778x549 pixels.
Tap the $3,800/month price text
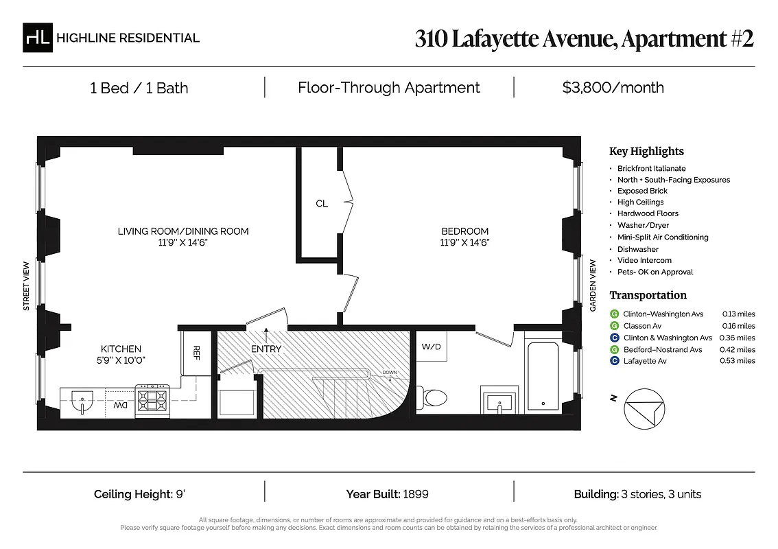[613, 88]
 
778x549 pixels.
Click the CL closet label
[322, 204]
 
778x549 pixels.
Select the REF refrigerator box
[196, 353]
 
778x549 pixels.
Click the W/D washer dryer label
[432, 347]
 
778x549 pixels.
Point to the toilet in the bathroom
[434, 397]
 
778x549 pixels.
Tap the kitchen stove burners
[152, 398]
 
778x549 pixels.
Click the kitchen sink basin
[82, 400]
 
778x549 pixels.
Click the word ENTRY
[266, 349]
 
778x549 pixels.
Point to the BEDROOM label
[464, 231]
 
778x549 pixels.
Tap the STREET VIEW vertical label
[27, 284]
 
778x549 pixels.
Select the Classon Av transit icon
[614, 326]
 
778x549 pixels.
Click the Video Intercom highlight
[644, 260]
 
